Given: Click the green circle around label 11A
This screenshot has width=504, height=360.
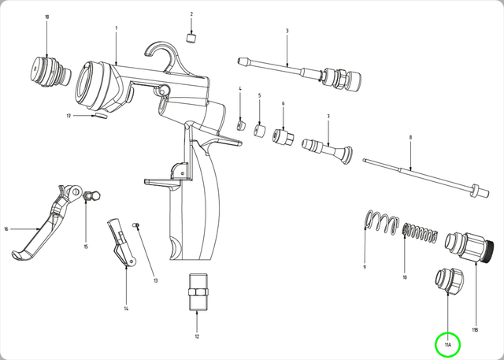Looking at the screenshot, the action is [448, 345].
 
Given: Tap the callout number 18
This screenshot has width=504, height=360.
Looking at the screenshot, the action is [47, 17].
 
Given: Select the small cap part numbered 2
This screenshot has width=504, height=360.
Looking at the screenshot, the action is [191, 38].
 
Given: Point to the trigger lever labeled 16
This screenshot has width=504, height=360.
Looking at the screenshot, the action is [45, 222].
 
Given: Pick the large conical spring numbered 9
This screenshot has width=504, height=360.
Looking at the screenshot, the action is [382, 222].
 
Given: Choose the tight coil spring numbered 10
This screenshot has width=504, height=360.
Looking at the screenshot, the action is [421, 232].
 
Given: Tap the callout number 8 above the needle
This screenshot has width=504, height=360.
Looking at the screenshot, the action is [410, 138].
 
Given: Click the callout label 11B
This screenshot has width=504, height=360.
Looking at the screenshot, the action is [475, 330].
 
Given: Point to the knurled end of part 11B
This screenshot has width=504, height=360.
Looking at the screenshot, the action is [488, 251].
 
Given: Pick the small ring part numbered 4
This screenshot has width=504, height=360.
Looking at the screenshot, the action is [241, 125].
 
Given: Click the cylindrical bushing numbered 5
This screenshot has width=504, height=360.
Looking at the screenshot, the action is [260, 130].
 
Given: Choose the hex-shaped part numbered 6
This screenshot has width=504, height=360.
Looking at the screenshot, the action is [283, 137].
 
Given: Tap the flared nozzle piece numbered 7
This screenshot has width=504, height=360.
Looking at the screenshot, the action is [327, 151].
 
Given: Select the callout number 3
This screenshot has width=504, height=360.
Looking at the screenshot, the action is [287, 31].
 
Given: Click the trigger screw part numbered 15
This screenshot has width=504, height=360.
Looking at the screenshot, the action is [92, 195].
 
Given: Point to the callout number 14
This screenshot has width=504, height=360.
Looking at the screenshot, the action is [126, 309].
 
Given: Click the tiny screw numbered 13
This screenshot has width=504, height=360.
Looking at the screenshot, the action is [136, 225].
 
